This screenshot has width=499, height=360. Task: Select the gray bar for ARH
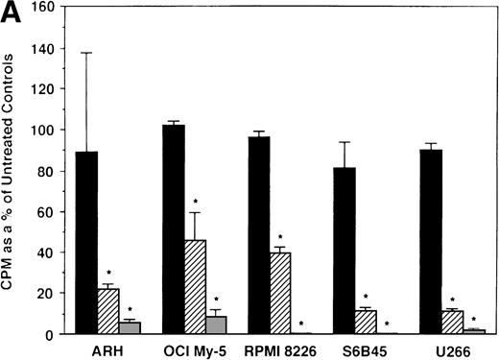point(128,327)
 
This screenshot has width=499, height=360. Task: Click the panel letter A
point(11,12)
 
